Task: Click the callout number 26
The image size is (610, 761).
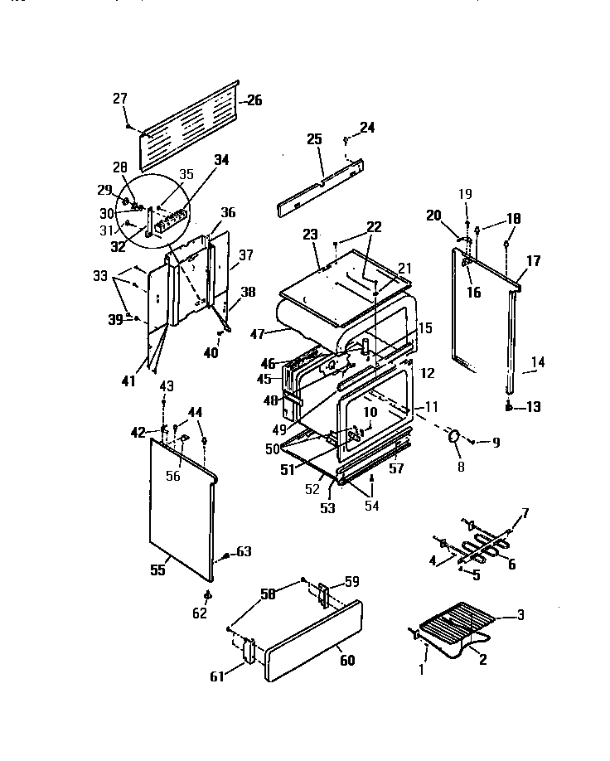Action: [253, 100]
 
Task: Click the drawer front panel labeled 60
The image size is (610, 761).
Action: [314, 641]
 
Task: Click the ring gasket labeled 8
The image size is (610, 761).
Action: [454, 437]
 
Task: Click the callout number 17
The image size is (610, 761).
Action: [533, 260]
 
